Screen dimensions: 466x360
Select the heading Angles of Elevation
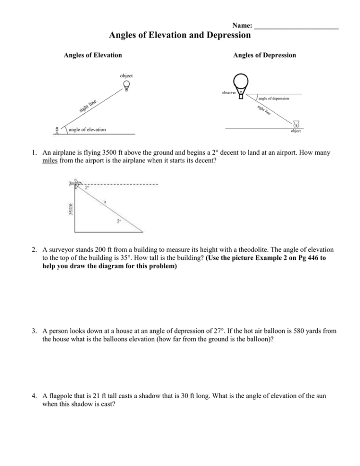pyautogui.click(x=93, y=55)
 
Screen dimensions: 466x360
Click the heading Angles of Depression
pyautogui.click(x=264, y=55)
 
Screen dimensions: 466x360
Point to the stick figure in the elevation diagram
pyautogui.click(x=58, y=130)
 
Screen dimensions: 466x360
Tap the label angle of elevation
pyautogui.click(x=87, y=129)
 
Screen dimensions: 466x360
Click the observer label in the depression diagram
pyautogui.click(x=229, y=92)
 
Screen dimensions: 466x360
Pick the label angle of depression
pyautogui.click(x=273, y=98)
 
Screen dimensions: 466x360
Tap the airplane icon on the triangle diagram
pyautogui.click(x=74, y=183)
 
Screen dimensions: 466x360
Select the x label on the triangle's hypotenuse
pyautogui.click(x=106, y=202)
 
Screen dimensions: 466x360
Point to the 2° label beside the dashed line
pyautogui.click(x=87, y=188)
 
